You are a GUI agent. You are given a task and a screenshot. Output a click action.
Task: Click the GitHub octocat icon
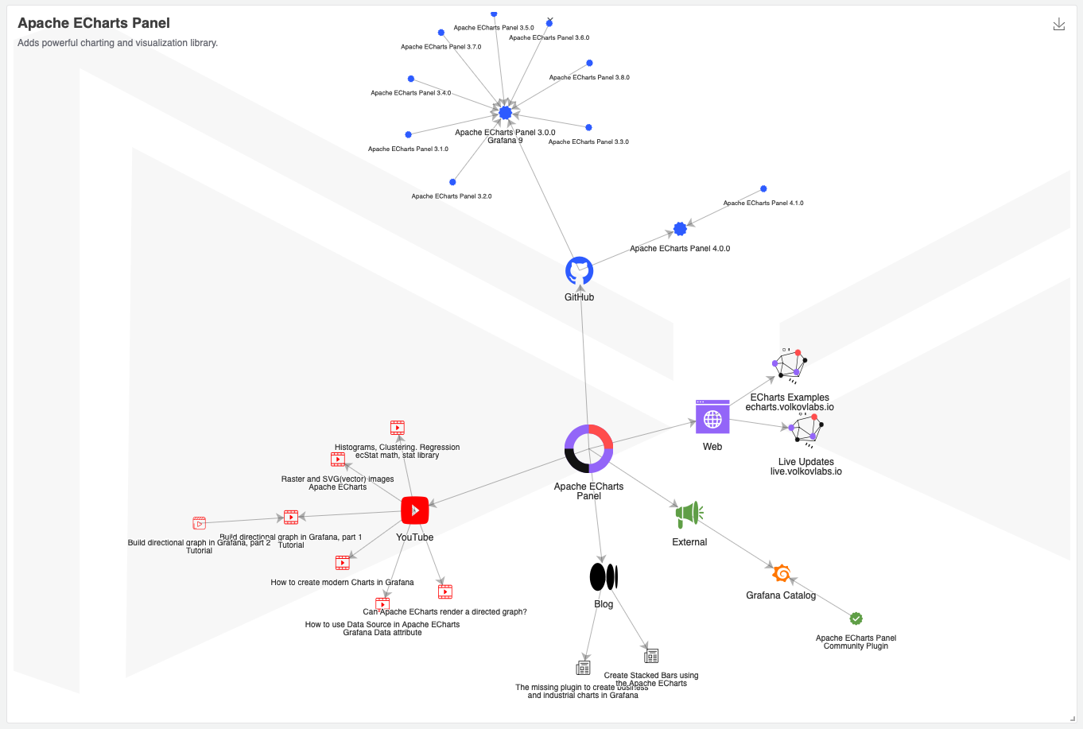(x=579, y=271)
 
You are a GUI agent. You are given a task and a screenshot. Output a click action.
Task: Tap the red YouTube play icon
(x=415, y=510)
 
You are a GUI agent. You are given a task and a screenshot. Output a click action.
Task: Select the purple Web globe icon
(x=712, y=417)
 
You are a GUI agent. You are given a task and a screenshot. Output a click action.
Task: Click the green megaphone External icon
(x=689, y=514)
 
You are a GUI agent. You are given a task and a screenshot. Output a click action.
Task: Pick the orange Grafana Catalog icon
(x=782, y=573)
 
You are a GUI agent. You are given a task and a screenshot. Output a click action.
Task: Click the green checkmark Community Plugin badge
(x=856, y=618)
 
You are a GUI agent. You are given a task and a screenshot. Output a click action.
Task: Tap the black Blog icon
(x=604, y=577)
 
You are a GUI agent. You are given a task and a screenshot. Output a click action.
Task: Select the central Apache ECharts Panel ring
(x=588, y=448)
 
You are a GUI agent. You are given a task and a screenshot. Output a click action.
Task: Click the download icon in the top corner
(x=1059, y=25)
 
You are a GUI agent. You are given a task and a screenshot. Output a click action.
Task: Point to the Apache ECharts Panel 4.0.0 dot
(x=680, y=229)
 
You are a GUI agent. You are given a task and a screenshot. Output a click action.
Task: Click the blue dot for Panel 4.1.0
(x=763, y=189)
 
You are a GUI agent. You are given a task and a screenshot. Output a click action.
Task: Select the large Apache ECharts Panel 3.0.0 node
(x=505, y=113)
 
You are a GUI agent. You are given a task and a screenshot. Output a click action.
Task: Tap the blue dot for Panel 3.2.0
(x=452, y=182)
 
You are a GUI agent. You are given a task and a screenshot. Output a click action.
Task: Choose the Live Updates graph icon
(x=806, y=429)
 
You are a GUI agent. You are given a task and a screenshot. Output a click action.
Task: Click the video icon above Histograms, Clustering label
(x=398, y=428)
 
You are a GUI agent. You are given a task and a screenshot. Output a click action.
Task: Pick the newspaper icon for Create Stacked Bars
(x=651, y=656)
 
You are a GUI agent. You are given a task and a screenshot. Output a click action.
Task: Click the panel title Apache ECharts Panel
(x=94, y=23)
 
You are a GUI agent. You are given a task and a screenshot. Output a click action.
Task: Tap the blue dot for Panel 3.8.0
(x=589, y=63)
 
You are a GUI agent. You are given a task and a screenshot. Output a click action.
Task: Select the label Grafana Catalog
(x=781, y=595)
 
